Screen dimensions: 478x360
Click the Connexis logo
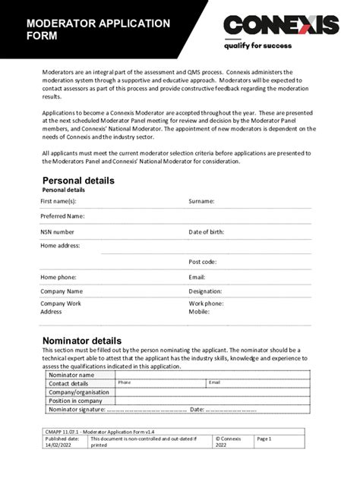click(x=281, y=24)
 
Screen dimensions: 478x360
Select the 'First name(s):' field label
click(x=58, y=202)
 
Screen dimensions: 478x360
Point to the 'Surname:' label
click(x=201, y=202)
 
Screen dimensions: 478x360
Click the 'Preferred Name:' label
click(x=62, y=216)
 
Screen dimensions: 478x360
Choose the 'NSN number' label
click(x=58, y=231)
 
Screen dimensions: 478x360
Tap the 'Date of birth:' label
click(x=207, y=231)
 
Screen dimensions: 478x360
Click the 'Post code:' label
click(x=203, y=262)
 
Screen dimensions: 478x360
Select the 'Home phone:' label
click(x=58, y=277)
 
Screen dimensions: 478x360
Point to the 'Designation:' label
click(x=205, y=291)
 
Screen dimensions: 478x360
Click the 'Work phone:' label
click(x=206, y=303)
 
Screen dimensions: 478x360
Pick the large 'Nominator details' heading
click(x=82, y=341)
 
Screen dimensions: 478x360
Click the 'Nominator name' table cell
click(x=71, y=375)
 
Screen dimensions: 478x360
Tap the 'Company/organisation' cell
click(x=79, y=392)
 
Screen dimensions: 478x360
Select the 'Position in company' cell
click(x=75, y=401)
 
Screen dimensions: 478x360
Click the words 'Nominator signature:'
click(x=77, y=410)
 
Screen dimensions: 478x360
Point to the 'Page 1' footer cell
click(x=264, y=439)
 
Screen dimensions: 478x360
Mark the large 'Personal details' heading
click(x=78, y=181)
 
